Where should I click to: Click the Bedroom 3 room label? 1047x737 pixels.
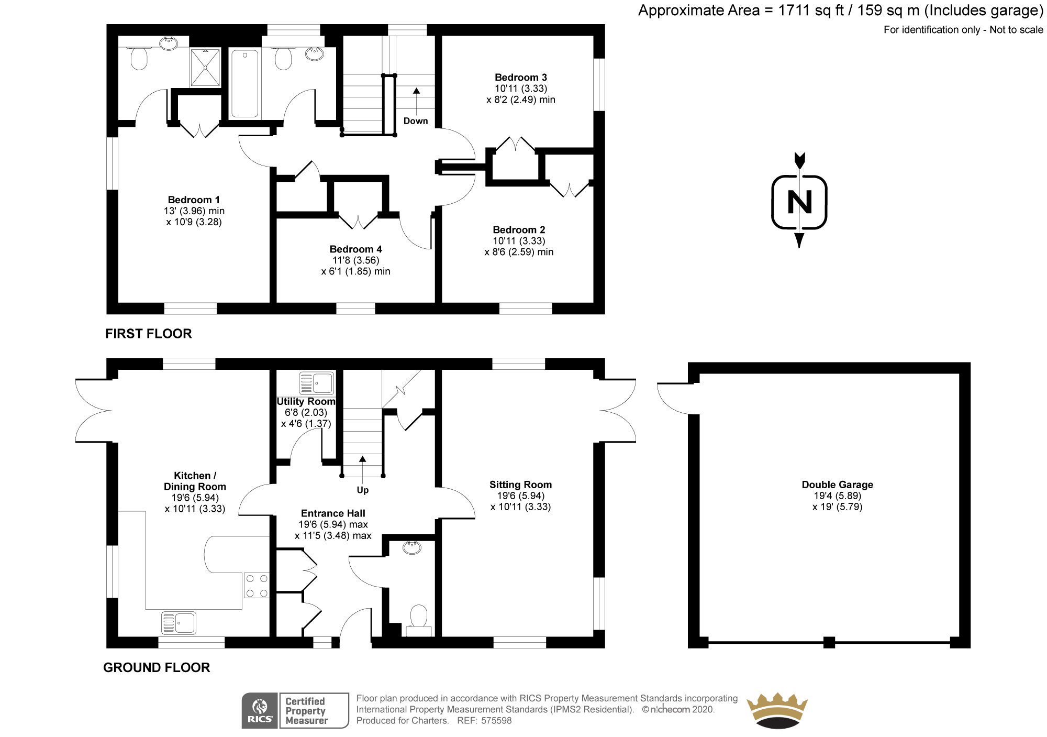coord(520,78)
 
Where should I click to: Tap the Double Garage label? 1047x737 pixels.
coord(837,485)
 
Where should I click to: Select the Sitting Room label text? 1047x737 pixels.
coord(520,485)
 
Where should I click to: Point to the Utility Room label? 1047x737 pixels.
coord(306,401)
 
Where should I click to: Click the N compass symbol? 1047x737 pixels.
coord(799,202)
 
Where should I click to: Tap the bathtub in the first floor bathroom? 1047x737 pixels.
coord(244,83)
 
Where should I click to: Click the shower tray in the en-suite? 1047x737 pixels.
coord(205,67)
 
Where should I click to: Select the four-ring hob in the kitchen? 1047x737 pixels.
coord(257,586)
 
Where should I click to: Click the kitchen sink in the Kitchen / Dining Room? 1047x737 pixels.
coord(179,623)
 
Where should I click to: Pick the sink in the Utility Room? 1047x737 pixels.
coord(316,383)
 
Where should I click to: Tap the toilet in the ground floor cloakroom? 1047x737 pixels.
coord(419,617)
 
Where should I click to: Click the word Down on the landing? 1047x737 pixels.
coord(416,121)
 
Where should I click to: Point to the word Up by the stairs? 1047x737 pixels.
coord(362,490)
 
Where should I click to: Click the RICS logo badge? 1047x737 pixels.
coord(260,710)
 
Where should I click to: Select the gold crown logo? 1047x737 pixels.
coord(777,710)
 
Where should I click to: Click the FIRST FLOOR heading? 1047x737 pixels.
coord(148,334)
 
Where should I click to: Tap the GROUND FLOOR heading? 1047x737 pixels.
coord(157,667)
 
